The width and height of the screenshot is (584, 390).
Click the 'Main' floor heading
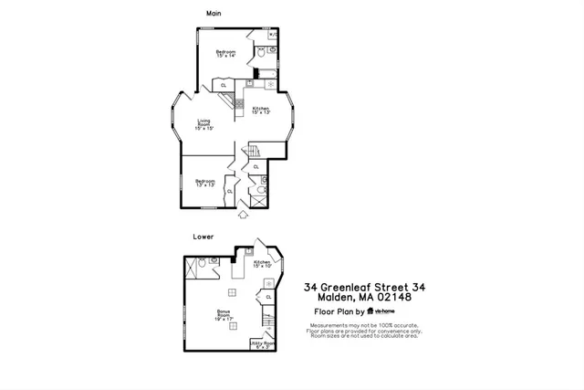click(x=214, y=13)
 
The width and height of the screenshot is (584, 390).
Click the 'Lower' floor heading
click(x=203, y=237)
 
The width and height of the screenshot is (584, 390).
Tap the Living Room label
click(x=203, y=124)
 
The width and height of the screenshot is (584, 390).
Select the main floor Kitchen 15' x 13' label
click(x=261, y=111)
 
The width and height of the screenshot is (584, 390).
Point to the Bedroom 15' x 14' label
click(x=225, y=54)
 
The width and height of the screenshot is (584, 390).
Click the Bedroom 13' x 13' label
click(x=204, y=183)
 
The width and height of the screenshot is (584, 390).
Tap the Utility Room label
click(x=262, y=344)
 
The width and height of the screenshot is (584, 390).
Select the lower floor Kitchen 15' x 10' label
click(x=262, y=264)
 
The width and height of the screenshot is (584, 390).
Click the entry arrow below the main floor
click(x=243, y=215)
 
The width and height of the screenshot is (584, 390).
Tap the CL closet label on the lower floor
click(x=269, y=297)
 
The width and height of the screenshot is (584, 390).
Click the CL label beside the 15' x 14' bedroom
click(x=224, y=86)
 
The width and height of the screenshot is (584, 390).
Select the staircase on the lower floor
click(x=267, y=320)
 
